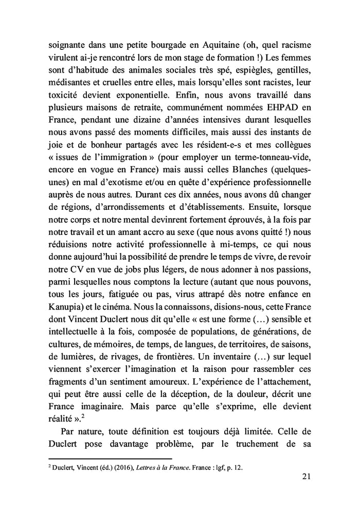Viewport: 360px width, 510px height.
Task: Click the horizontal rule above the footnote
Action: [110, 459]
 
